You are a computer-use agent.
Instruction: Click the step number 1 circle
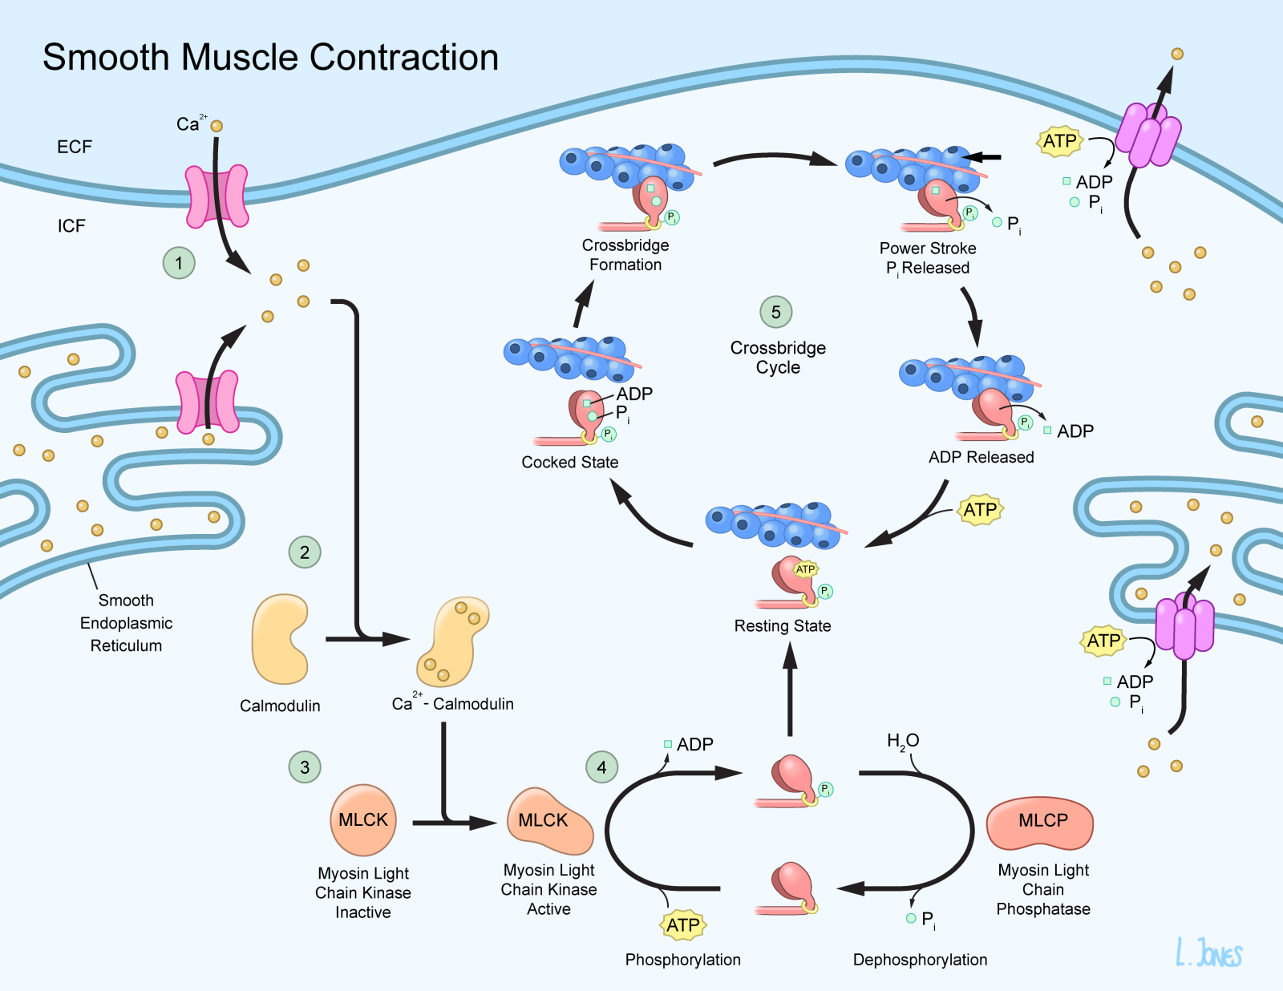(x=179, y=263)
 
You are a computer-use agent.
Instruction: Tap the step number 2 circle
(x=305, y=552)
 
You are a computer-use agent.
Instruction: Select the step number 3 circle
(x=305, y=767)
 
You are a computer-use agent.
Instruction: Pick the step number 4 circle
(x=601, y=767)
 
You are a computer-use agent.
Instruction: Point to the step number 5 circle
(x=776, y=312)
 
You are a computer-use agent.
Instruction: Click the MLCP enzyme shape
(x=1040, y=823)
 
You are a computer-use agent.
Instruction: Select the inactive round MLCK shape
(x=363, y=820)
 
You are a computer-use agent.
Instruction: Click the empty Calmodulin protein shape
(x=280, y=639)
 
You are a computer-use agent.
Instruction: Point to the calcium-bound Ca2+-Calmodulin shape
(x=451, y=641)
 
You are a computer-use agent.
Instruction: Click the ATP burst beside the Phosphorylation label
(x=682, y=925)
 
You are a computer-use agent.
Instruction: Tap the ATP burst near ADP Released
(x=980, y=509)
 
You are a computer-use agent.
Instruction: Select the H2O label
(x=903, y=742)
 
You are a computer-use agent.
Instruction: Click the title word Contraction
(x=404, y=57)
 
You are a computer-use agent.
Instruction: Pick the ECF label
(x=75, y=147)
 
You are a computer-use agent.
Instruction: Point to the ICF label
(x=71, y=225)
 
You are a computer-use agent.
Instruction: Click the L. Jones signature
(x=1208, y=952)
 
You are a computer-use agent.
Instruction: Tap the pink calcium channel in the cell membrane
(x=217, y=196)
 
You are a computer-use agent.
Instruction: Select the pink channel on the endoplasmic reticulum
(x=207, y=402)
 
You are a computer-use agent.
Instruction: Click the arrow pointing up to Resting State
(x=790, y=689)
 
